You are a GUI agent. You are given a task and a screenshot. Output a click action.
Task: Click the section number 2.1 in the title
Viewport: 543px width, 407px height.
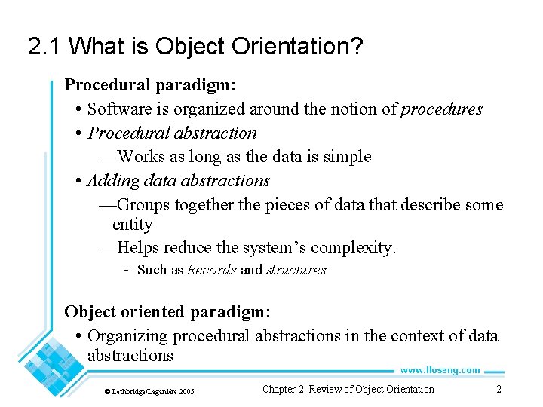(44, 47)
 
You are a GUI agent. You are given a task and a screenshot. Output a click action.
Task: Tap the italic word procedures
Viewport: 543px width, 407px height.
(441, 109)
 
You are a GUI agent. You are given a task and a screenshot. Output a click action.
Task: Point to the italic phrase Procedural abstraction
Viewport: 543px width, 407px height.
(172, 133)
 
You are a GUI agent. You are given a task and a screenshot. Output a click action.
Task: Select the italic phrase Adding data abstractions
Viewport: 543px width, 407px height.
(178, 181)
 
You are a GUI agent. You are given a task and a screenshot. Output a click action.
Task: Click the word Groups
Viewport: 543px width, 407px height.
(144, 205)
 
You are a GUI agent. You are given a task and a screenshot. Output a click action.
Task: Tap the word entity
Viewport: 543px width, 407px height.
(132, 225)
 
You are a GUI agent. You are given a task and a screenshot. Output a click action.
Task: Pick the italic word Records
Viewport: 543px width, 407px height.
(212, 270)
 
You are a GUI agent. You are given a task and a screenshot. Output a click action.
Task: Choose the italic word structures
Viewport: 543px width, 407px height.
(296, 270)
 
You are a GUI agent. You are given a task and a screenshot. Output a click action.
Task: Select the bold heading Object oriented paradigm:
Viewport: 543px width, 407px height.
(167, 311)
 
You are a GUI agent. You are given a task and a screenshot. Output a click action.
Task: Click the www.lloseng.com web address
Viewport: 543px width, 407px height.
(440, 370)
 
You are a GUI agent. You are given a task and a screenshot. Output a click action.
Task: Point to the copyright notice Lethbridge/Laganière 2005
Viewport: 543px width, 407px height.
(149, 391)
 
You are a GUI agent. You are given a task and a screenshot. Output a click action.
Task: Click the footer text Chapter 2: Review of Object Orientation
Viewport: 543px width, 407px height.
(348, 390)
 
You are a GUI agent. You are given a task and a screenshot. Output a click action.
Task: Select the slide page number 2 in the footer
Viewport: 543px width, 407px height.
(499, 390)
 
